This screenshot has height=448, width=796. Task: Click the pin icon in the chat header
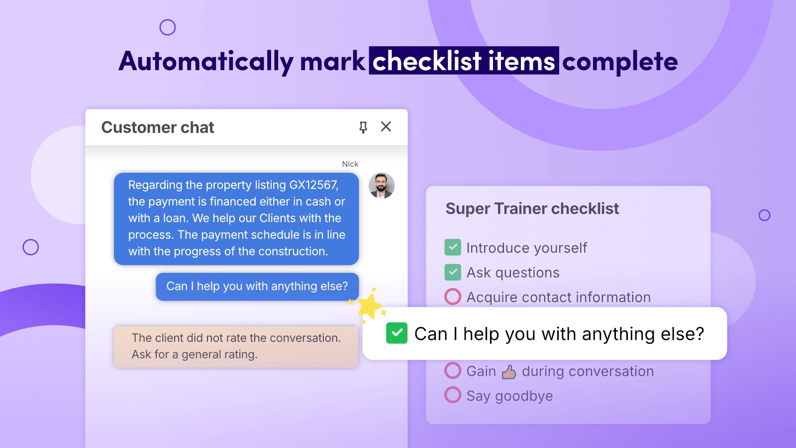pyautogui.click(x=363, y=127)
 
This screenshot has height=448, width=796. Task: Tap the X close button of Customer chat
pyautogui.click(x=386, y=126)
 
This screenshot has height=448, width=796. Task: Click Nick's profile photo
pyautogui.click(x=381, y=186)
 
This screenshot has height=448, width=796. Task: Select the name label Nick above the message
pyautogui.click(x=350, y=164)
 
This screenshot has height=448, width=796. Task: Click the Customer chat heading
pyautogui.click(x=158, y=127)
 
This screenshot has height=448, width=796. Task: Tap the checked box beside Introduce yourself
pyautogui.click(x=453, y=247)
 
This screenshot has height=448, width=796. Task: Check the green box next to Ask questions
pyautogui.click(x=453, y=272)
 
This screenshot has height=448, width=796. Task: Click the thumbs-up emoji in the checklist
pyautogui.click(x=509, y=372)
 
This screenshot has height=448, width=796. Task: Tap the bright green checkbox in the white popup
pyautogui.click(x=397, y=333)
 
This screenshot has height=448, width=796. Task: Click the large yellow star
pyautogui.click(x=369, y=306)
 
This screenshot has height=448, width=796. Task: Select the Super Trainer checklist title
pyautogui.click(x=532, y=209)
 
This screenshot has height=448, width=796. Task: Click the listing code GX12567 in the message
pyautogui.click(x=314, y=185)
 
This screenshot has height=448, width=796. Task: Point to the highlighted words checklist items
pyautogui.click(x=464, y=61)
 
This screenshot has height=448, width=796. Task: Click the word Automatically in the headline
pyautogui.click(x=206, y=62)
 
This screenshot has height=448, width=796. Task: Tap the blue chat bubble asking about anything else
pyautogui.click(x=257, y=287)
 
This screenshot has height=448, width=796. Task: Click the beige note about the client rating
pyautogui.click(x=236, y=346)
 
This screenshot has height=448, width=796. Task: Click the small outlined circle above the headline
pyautogui.click(x=167, y=27)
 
